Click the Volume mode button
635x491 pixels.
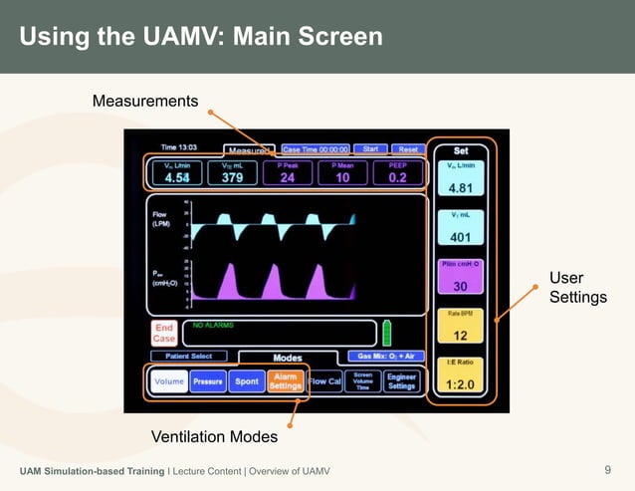tap(169, 381)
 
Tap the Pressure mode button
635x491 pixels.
tap(208, 381)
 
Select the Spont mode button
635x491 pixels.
tap(245, 381)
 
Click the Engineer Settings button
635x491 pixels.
tap(402, 381)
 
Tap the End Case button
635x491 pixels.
tap(164, 333)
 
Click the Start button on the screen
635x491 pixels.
tap(370, 148)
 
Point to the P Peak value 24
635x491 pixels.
tap(287, 177)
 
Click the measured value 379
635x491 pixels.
tap(232, 177)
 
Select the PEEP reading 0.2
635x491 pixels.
tap(398, 177)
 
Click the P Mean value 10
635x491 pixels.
tap(341, 177)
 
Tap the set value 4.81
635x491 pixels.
tap(460, 188)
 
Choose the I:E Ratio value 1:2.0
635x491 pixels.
tap(460, 384)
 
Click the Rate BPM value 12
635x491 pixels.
tap(460, 336)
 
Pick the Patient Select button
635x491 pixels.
tap(188, 356)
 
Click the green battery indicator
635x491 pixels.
tap(387, 333)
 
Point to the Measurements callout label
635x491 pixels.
tap(145, 102)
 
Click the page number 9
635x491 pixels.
tap(607, 470)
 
